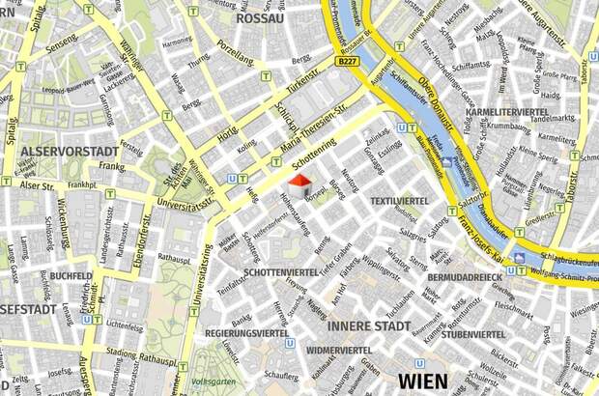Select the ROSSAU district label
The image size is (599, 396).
(260, 17)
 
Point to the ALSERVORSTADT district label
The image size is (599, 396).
(70, 152)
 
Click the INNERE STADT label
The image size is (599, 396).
(369, 326)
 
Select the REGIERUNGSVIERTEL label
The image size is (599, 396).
(247, 334)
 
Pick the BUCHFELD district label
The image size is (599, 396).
(71, 275)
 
